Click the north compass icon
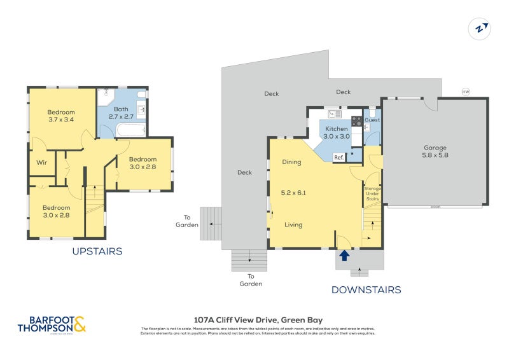[x=480, y=28]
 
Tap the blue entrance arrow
[x=344, y=255]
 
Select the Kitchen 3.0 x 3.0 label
[x=337, y=132]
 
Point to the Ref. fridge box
[x=338, y=157]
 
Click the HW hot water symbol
[x=466, y=92]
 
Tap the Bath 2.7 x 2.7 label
[x=121, y=113]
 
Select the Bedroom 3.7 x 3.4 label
[x=61, y=116]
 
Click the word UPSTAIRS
[x=97, y=251]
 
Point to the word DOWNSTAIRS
[x=366, y=290]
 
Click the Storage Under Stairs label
[x=372, y=194]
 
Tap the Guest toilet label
[x=372, y=120]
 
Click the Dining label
[x=291, y=162]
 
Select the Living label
[x=293, y=225]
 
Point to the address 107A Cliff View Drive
[x=258, y=320]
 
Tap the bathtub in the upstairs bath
[x=131, y=130]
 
